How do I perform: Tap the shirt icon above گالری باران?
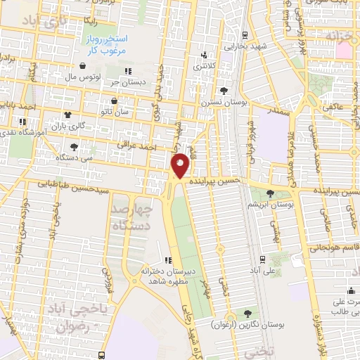pyautogui.click(x=67, y=115)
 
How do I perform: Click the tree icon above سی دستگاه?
pyautogui.click(x=73, y=147)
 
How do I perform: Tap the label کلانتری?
pyautogui.click(x=205, y=64)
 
